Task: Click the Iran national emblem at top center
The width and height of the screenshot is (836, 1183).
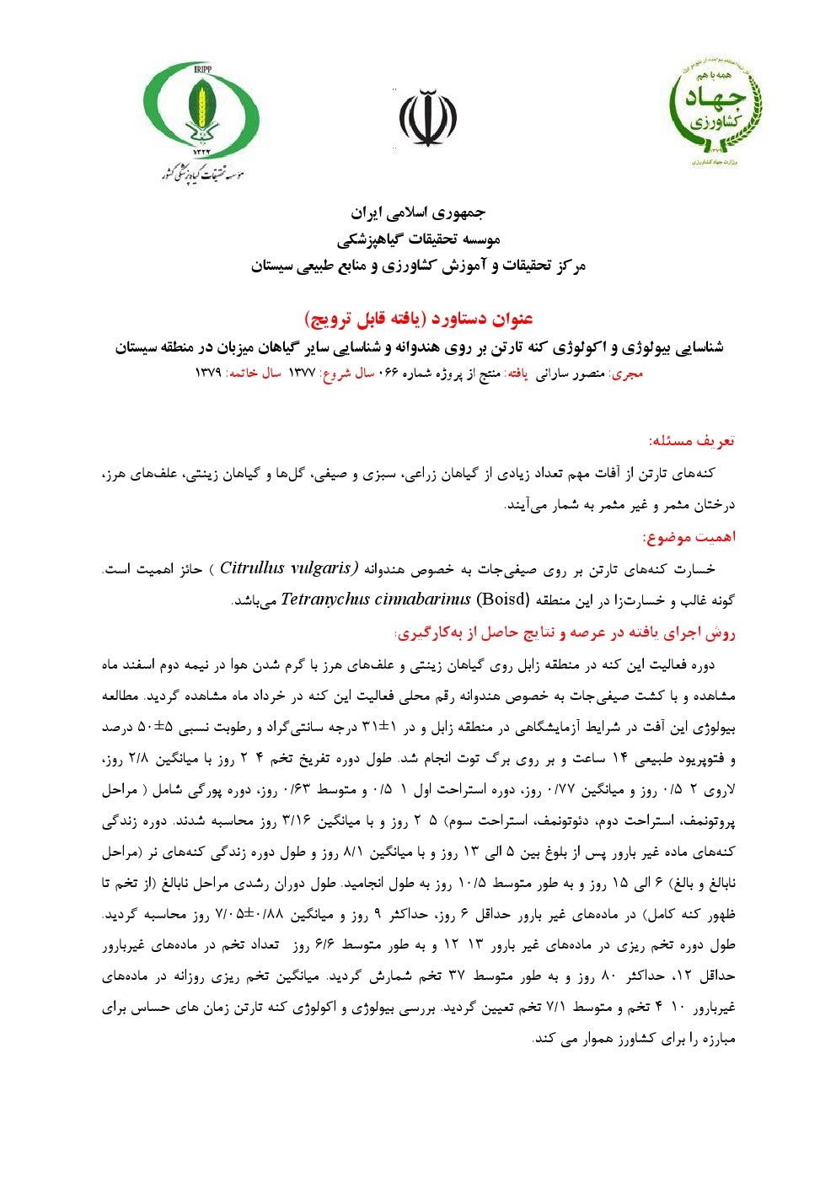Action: [x=428, y=118]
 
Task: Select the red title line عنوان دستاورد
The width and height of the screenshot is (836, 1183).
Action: [x=418, y=319]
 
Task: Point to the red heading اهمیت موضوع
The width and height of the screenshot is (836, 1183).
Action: [x=689, y=536]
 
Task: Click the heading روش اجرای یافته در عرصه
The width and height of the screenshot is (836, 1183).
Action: [x=565, y=632]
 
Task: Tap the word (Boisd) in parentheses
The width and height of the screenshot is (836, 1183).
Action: [x=503, y=600]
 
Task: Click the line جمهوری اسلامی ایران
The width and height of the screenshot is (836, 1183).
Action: [x=418, y=212]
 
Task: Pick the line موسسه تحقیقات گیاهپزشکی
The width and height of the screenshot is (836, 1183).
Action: [x=418, y=239]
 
